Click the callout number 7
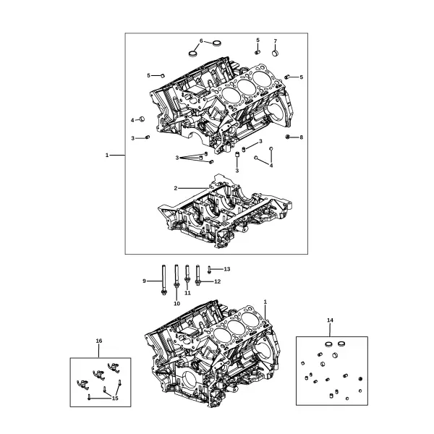(x=275, y=41)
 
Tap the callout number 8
(x=302, y=137)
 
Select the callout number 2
(x=176, y=188)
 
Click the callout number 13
(x=227, y=269)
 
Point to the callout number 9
(x=144, y=281)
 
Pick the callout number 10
(x=176, y=304)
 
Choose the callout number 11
(x=187, y=293)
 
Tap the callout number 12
(x=218, y=282)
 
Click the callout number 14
(x=330, y=320)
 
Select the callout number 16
(x=99, y=341)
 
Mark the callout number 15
(x=115, y=399)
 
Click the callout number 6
(x=201, y=41)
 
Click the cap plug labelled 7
(x=275, y=53)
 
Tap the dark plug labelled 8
(x=288, y=137)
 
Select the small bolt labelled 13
(x=209, y=270)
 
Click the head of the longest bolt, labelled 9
(x=163, y=292)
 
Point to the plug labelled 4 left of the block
(x=142, y=119)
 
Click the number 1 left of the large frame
(x=107, y=156)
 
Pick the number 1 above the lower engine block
(x=265, y=302)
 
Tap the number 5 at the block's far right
(x=302, y=77)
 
